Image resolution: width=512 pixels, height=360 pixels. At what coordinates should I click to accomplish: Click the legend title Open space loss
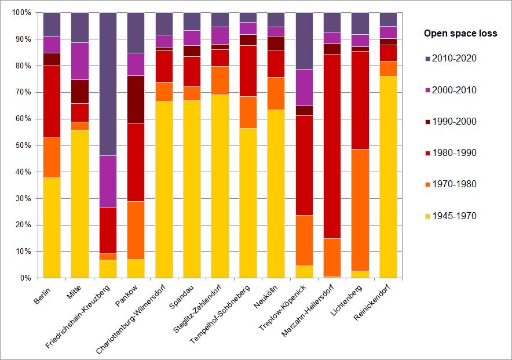pyautogui.click(x=460, y=34)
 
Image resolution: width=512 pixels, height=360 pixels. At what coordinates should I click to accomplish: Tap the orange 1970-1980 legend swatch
pyautogui.click(x=428, y=184)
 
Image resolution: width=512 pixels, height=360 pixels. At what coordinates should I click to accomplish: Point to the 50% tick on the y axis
pyautogui.click(x=23, y=146)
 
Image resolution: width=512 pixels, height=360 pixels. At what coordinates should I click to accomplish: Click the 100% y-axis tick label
pyautogui.click(x=21, y=13)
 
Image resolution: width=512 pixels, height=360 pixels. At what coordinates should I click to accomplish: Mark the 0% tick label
pyautogui.click(x=25, y=278)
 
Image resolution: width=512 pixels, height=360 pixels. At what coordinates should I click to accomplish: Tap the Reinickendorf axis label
pyautogui.click(x=374, y=304)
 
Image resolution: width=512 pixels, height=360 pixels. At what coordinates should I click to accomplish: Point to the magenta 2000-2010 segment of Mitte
pyautogui.click(x=80, y=61)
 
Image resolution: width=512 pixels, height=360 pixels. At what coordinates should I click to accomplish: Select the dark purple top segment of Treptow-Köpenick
pyautogui.click(x=304, y=41)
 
